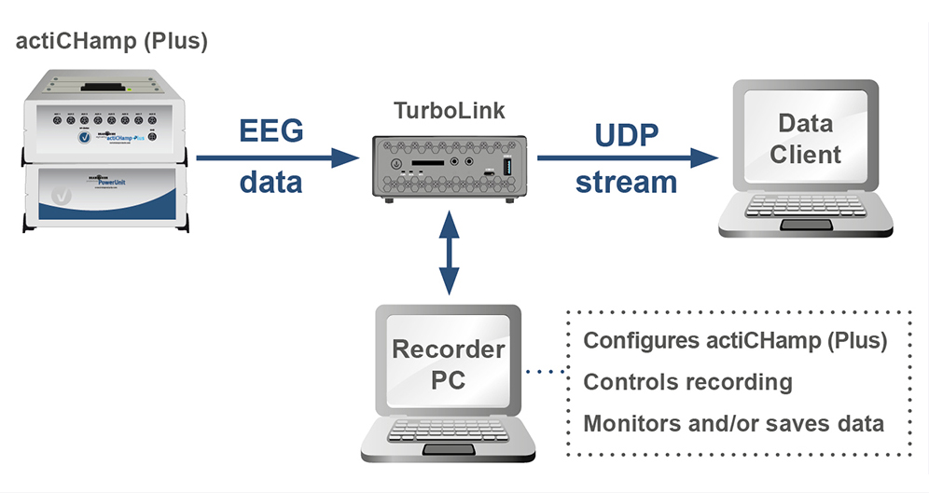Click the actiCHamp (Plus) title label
111,42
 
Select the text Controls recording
687,382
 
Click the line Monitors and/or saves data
733,423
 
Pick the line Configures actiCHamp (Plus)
734,340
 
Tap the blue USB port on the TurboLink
507,165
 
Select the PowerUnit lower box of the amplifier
103,196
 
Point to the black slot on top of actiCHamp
105,87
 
